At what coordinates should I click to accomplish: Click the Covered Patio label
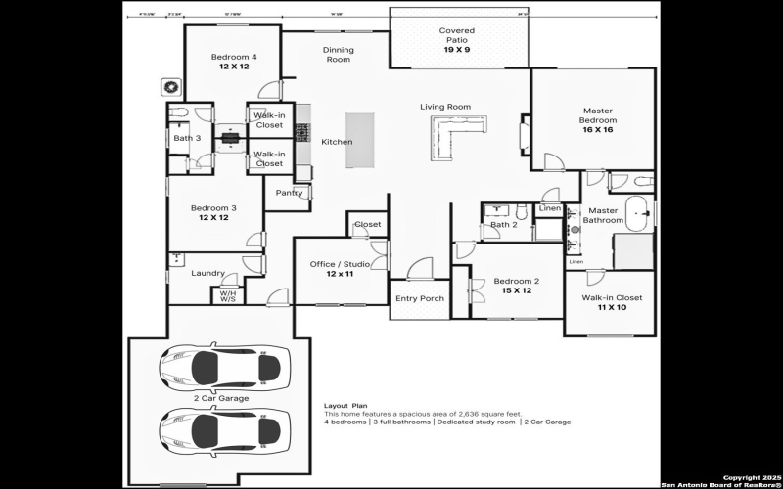[457, 36]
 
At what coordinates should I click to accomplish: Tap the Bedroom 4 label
[234, 58]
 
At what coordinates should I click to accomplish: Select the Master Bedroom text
[597, 116]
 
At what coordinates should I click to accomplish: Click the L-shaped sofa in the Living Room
[450, 137]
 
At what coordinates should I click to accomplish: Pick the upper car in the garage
[225, 368]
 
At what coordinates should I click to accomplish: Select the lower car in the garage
[225, 428]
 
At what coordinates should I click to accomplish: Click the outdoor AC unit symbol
[172, 87]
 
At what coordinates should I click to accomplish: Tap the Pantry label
[290, 193]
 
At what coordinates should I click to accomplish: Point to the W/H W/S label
[227, 295]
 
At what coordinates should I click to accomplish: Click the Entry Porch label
[419, 298]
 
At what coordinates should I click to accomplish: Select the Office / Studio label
[340, 264]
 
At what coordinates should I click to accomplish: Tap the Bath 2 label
[503, 225]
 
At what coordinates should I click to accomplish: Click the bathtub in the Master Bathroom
[639, 213]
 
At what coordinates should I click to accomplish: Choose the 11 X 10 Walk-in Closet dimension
[612, 307]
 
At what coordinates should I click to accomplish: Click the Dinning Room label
[338, 55]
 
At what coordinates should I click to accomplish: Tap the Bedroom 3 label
[213, 208]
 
